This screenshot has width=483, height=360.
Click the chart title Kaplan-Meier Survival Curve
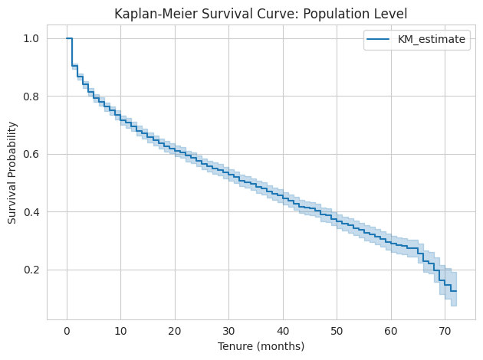coord(260,13)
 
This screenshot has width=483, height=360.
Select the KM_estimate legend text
coord(432,41)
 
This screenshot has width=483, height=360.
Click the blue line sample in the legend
coord(381,41)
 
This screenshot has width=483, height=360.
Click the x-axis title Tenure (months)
coord(260,345)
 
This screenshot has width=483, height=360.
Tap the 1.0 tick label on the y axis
coord(30,38)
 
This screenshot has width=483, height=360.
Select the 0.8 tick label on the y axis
coord(30,97)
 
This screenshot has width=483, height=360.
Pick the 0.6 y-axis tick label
coord(30,154)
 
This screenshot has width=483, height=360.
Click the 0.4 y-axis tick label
coord(30,212)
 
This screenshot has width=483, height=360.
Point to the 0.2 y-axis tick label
coord(30,270)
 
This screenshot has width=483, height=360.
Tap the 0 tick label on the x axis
coord(67,330)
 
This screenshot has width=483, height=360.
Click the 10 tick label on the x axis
coord(120,330)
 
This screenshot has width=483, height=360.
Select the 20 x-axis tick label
coord(175,330)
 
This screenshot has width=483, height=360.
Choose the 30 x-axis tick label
coord(228,330)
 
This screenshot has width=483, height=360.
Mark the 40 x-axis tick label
coord(283,330)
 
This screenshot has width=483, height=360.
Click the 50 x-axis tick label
coord(337,330)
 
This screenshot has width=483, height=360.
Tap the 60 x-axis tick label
coord(391,330)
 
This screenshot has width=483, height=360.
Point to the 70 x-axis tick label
coord(445,330)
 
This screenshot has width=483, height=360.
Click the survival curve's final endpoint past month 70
coord(456,291)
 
